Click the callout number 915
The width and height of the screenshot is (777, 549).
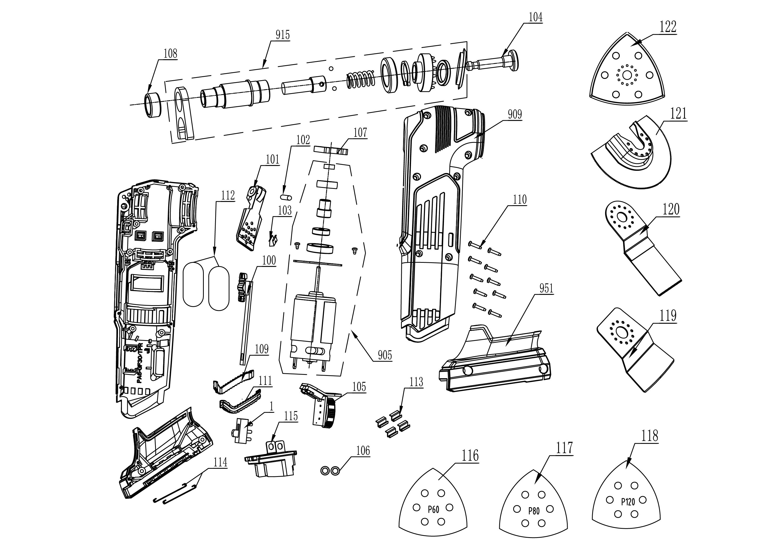click(x=283, y=35)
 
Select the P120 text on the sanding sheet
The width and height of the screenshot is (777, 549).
click(x=628, y=502)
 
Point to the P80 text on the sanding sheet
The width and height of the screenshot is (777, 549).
click(x=534, y=510)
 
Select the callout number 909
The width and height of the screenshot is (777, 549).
click(x=515, y=114)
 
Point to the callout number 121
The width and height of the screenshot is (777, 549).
click(x=678, y=114)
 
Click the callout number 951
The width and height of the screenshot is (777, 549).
click(x=546, y=288)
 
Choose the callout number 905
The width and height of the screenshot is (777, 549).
click(x=385, y=355)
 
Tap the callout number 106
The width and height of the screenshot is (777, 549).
click(x=363, y=451)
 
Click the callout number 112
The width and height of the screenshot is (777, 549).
click(x=228, y=195)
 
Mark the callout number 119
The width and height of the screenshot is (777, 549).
click(x=668, y=316)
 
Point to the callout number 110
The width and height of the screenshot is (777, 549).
click(x=520, y=200)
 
